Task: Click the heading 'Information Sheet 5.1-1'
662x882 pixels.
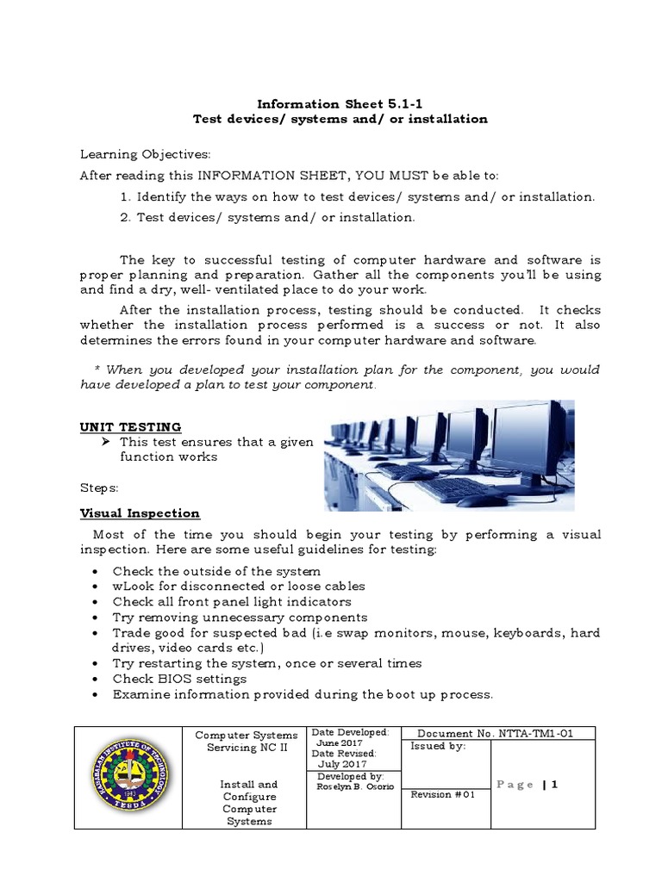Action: tap(331, 102)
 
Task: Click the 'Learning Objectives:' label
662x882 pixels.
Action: tap(144, 154)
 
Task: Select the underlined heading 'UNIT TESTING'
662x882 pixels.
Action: tap(130, 426)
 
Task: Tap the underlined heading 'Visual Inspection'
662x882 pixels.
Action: tap(140, 513)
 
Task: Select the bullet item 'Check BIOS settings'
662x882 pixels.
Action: tap(172, 679)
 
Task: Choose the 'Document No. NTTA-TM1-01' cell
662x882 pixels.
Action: tap(500, 733)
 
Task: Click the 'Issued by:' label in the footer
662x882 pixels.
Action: tap(438, 746)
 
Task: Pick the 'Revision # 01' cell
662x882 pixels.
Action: tap(443, 794)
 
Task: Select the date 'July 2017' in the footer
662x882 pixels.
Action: tap(342, 763)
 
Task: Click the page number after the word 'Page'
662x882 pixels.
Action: tap(556, 785)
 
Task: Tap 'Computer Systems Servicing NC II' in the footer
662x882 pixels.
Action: tap(247, 742)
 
